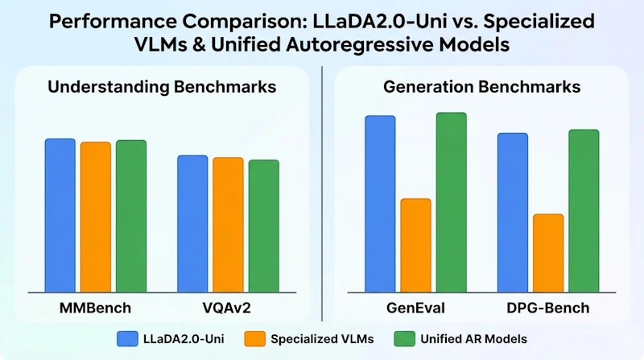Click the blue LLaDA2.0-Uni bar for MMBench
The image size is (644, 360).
pos(60,215)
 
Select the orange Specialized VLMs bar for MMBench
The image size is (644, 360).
pos(95,217)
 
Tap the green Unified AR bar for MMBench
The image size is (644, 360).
pos(130,216)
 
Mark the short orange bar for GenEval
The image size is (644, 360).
pos(415,245)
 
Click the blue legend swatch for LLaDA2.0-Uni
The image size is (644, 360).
pos(127,337)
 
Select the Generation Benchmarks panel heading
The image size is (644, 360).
pos(482,87)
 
